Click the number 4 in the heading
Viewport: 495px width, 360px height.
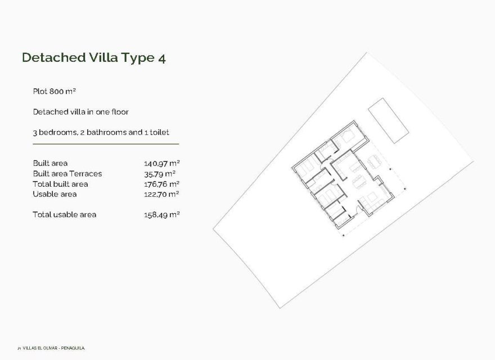(x=161, y=57)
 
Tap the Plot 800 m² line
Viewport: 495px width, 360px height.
(x=54, y=91)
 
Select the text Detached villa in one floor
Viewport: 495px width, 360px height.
(x=81, y=111)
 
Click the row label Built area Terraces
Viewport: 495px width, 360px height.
(x=67, y=173)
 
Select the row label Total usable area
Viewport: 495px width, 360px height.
(x=64, y=214)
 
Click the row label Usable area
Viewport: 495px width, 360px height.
(x=55, y=194)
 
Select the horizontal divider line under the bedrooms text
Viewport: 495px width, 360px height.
(x=106, y=145)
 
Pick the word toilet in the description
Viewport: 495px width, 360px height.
(x=159, y=132)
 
